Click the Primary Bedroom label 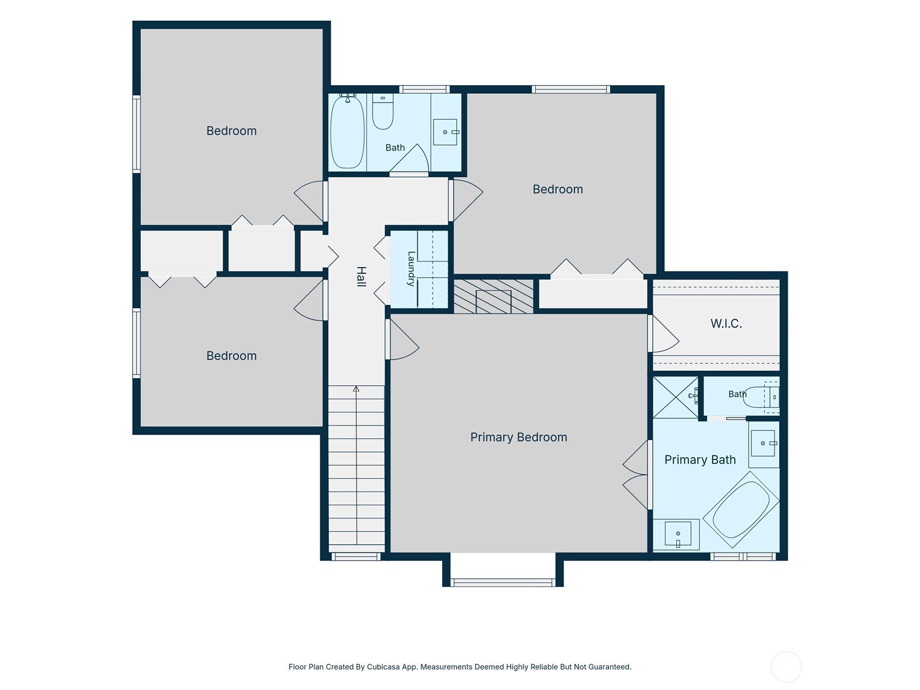[519, 438]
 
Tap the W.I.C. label [726, 323]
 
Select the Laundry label [411, 269]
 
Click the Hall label [361, 277]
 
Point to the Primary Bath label [700, 459]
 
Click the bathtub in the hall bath [347, 132]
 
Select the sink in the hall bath [445, 132]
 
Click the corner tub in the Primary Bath [741, 509]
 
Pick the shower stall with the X [676, 397]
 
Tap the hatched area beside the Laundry [494, 297]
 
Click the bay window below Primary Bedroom [503, 582]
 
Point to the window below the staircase [356, 557]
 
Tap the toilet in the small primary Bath [761, 397]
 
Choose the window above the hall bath [424, 89]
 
